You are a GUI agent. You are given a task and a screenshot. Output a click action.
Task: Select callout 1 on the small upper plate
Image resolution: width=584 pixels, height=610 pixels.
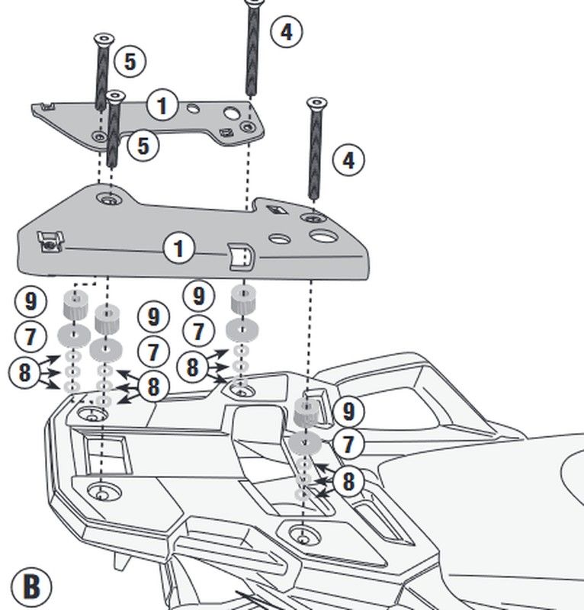tap(162, 104)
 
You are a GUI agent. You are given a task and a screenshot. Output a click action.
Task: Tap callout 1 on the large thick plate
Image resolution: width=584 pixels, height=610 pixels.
tap(178, 249)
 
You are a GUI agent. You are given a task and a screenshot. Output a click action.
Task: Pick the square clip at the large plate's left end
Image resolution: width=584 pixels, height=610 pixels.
tap(50, 242)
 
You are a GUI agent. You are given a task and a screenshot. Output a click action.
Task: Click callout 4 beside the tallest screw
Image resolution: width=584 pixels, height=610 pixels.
tap(286, 32)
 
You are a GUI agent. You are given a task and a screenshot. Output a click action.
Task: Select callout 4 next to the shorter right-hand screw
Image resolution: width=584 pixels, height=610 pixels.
tap(348, 161)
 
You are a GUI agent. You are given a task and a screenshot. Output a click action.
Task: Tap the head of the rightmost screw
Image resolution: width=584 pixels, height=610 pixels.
tap(317, 103)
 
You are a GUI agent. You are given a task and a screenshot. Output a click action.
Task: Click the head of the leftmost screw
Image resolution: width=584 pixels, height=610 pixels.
tap(103, 38)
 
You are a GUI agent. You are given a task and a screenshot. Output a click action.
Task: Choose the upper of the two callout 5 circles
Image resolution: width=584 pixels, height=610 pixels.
tap(130, 62)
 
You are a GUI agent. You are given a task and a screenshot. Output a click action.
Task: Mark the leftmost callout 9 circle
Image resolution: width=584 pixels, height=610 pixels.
tap(30, 300)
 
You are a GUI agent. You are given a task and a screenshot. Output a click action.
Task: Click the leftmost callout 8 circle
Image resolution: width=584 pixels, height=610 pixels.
tap(25, 372)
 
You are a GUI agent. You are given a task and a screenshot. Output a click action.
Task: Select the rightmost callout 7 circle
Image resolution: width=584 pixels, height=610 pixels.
tap(349, 444)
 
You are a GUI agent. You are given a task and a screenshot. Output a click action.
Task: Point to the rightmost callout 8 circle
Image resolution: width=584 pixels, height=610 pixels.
tap(348, 481)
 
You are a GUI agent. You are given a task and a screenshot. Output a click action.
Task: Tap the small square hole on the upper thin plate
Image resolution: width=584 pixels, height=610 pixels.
tap(226, 133)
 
